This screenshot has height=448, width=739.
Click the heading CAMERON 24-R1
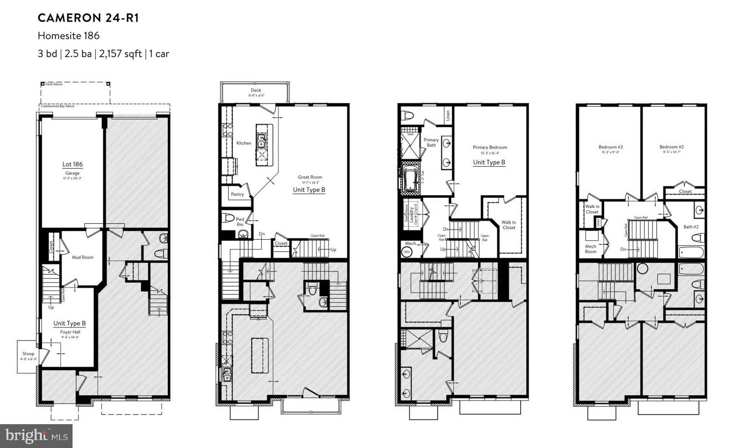[88, 18]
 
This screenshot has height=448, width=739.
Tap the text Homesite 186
[69, 36]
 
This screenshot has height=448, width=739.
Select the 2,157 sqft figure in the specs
[120, 54]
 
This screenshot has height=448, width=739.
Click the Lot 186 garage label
[73, 164]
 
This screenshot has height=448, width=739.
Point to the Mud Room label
[83, 257]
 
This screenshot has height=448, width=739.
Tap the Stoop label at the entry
[28, 354]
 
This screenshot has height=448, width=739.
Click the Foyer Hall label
[70, 332]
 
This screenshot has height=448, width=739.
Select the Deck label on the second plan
[255, 90]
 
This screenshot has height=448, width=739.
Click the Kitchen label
[244, 143]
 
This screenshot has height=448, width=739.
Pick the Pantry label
[237, 194]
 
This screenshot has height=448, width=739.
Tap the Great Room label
[310, 177]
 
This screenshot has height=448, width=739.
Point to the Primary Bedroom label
[490, 147]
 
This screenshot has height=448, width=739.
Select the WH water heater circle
[407, 252]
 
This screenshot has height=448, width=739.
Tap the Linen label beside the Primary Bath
[448, 116]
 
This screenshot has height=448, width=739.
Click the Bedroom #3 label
[611, 147]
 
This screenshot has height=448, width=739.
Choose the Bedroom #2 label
[671, 147]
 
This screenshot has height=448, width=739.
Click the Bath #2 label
[691, 227]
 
